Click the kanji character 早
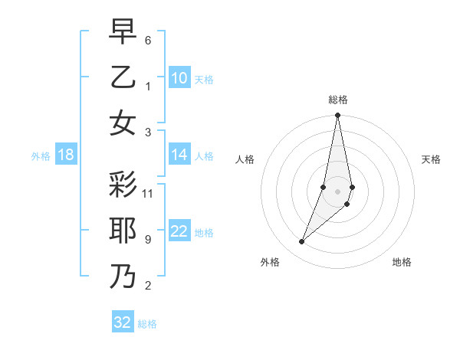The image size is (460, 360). (123, 32)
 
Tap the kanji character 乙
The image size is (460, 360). (123, 77)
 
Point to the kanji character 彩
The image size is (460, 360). (123, 185)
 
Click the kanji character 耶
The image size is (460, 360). (123, 231)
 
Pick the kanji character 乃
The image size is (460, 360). (123, 277)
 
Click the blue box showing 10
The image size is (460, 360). (179, 78)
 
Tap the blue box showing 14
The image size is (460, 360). (179, 155)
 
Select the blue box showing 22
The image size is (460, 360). (179, 231)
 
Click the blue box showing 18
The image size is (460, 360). (66, 155)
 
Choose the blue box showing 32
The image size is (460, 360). (123, 322)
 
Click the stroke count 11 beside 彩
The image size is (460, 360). (148, 194)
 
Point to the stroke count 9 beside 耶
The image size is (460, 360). (148, 240)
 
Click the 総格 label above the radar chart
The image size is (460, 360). (338, 100)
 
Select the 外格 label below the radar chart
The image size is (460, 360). (270, 262)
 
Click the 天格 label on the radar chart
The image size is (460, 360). (432, 159)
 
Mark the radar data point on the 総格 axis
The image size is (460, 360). (337, 116)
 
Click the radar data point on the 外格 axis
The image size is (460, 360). (302, 242)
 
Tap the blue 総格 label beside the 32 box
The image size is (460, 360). (147, 324)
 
